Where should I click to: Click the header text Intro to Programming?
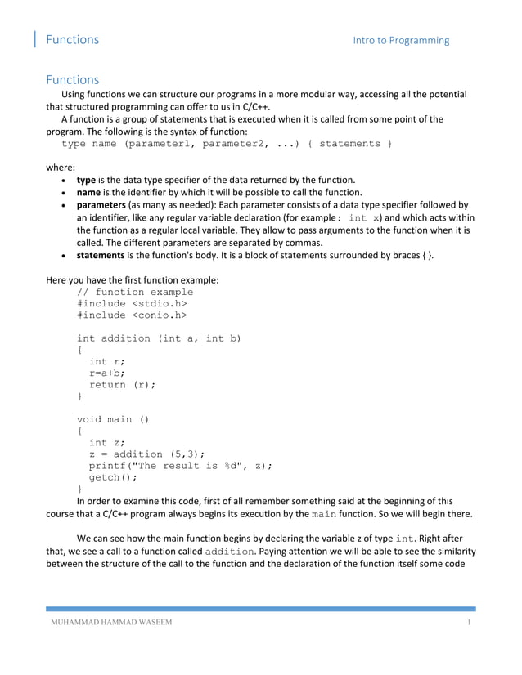401,40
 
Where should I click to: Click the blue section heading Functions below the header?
72,80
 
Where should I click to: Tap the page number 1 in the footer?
470,625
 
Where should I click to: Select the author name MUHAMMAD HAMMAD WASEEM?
111,625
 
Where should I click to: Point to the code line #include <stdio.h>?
126,303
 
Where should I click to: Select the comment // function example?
135,292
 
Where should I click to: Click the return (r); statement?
122,384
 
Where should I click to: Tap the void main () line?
113,419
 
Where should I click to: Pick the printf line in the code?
180,465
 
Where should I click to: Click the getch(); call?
113,477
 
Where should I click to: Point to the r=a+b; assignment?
107,373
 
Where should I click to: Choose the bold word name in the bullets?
88,192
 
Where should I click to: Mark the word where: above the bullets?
60,166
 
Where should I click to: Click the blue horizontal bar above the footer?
260,609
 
